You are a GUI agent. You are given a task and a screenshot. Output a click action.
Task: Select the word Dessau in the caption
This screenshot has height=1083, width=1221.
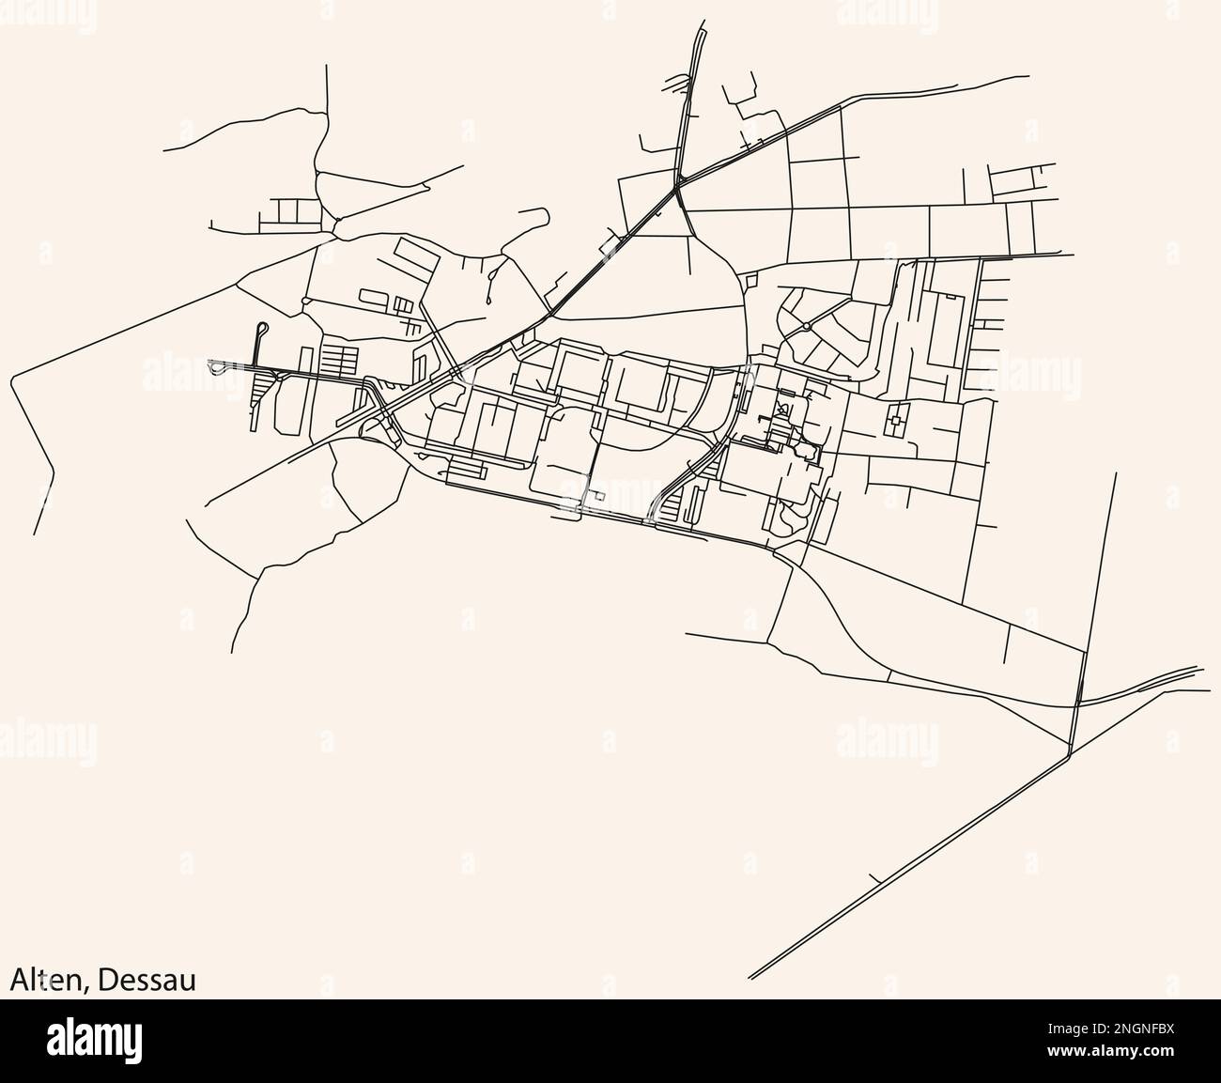(x=147, y=980)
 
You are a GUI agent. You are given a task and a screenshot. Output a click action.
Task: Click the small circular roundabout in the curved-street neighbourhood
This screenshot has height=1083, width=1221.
(x=806, y=327)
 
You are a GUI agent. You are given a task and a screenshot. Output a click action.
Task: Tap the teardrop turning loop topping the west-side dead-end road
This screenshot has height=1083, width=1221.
(x=263, y=328)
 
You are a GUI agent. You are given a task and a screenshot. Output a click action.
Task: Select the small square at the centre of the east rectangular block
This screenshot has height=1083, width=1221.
(x=896, y=422)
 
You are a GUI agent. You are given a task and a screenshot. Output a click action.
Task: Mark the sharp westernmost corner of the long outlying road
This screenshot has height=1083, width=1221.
(x=11, y=379)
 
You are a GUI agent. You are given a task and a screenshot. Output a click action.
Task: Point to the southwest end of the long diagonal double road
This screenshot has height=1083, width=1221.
(x=750, y=977)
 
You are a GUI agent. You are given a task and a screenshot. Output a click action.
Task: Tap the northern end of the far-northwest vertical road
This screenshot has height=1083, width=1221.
(x=326, y=66)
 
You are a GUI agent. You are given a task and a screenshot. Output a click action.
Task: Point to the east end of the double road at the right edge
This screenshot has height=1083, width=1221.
(x=1199, y=669)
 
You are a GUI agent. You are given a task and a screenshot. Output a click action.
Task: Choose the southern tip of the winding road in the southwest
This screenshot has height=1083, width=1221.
(x=232, y=651)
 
